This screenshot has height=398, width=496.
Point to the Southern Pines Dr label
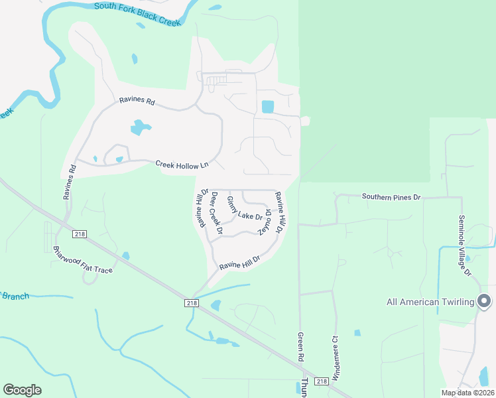(391, 197)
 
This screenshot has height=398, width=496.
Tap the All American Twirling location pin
(484, 300)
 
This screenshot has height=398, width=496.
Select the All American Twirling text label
(431, 302)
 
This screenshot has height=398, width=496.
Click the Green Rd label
(300, 346)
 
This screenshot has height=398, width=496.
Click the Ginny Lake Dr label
(245, 208)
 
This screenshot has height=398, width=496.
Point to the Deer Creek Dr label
(215, 212)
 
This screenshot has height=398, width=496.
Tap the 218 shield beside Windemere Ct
(321, 381)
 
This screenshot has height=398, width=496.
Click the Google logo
(22, 390)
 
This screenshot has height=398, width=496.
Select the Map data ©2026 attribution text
(467, 393)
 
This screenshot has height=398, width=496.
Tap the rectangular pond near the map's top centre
(267, 106)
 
